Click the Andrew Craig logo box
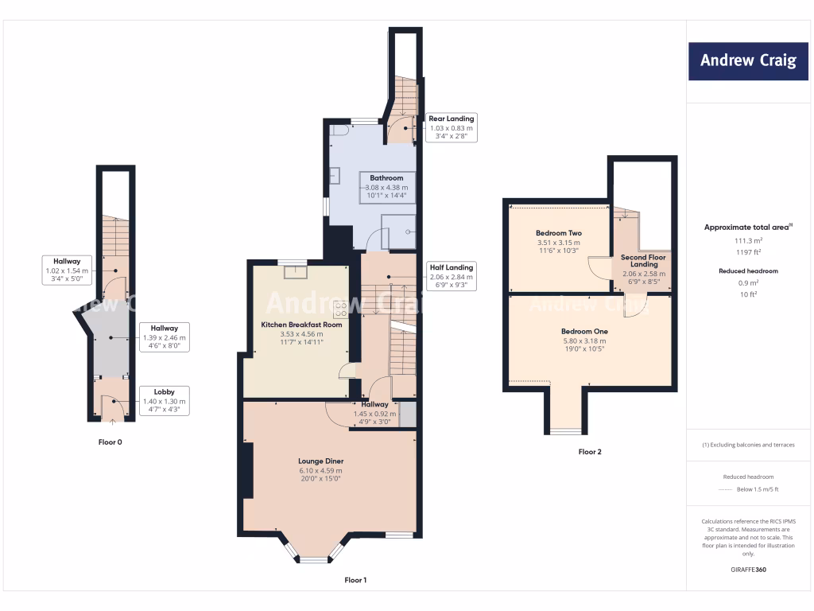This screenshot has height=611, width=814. coord(747,60)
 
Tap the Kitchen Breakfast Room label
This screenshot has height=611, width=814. coord(301,325)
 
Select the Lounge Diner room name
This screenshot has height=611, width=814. coord(321,461)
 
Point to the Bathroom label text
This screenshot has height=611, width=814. coord(386,177)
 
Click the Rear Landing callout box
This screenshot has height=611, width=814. coord(451,127)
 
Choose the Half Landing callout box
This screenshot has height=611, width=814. coord(451,276)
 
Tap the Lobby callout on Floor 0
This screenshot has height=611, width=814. coord(164,400)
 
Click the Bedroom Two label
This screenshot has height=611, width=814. coord(560,233)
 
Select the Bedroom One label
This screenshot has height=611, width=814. coord(584,331)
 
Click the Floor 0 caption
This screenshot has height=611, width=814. coord(110,442)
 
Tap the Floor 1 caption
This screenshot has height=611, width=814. coord(355,580)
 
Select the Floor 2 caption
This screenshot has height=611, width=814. coord(590,452)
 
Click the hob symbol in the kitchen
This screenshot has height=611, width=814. coord(340,309)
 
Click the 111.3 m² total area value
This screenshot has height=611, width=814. coord(747,239)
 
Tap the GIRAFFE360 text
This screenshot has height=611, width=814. coord(747,570)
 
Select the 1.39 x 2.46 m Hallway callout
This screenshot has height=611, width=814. coord(164,337)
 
